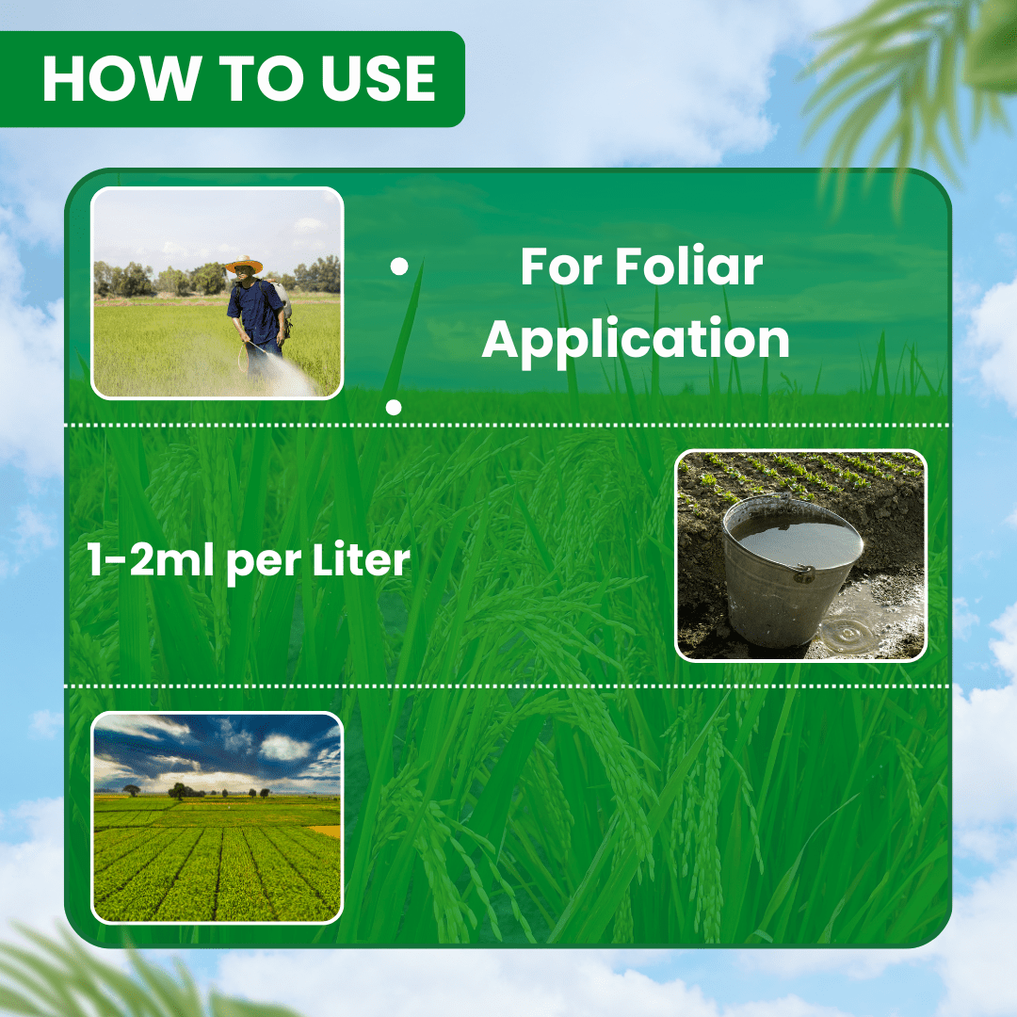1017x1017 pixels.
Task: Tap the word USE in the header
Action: coord(379,78)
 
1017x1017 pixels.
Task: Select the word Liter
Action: coord(362,559)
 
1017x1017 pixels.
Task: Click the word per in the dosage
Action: coord(264,562)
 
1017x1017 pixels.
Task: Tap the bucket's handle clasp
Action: coord(804,573)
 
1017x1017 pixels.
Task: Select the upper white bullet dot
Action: coord(399,266)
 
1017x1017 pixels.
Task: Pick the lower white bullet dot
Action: coord(394,407)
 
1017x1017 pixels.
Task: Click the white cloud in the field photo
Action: coord(285,747)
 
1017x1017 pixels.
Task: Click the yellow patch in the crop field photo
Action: coord(326,831)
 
